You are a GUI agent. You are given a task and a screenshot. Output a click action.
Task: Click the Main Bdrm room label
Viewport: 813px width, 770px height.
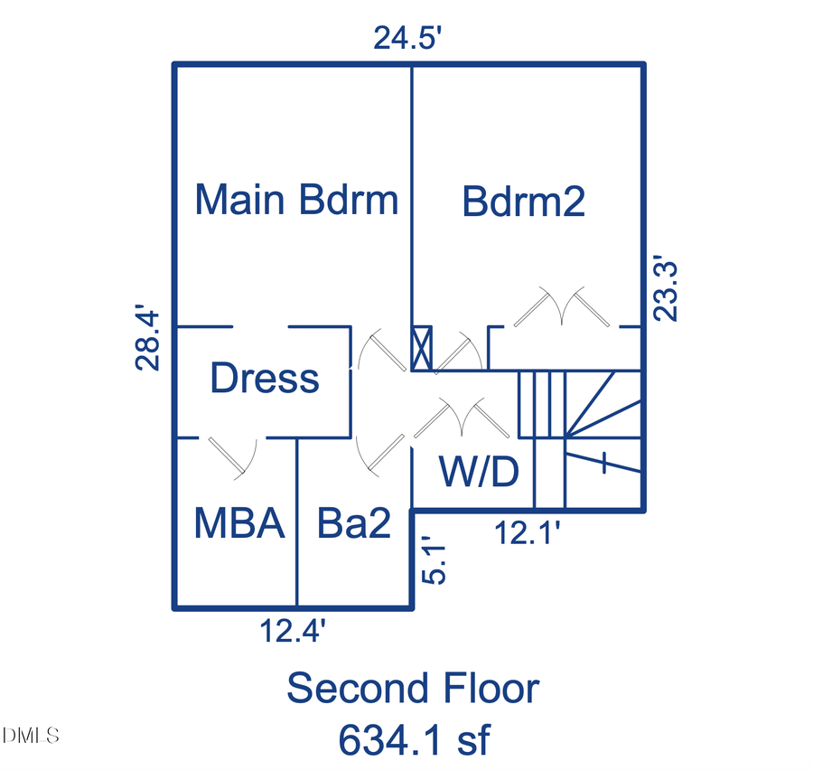[296, 200]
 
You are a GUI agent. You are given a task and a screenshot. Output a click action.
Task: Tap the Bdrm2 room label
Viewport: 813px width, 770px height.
[523, 202]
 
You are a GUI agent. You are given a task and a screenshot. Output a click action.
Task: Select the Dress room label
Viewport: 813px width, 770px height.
[265, 379]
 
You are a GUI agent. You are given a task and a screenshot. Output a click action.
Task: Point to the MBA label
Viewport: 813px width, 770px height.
[239, 524]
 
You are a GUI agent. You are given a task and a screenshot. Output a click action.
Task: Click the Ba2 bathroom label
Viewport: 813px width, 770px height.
[354, 524]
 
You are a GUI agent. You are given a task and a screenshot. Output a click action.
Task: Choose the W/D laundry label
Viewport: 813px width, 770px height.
[479, 472]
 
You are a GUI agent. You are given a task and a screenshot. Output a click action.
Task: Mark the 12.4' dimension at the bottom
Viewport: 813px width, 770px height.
[293, 630]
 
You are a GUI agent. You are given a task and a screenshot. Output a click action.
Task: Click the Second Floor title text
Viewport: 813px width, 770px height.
[413, 689]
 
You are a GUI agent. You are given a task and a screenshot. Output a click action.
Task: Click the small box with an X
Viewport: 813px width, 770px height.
[422, 349]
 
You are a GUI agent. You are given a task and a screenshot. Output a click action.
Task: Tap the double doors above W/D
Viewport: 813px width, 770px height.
[461, 418]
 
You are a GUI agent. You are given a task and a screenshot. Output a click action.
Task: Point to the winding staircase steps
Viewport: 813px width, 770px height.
[601, 420]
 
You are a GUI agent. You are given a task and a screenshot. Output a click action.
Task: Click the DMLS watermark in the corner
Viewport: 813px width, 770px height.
[31, 734]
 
